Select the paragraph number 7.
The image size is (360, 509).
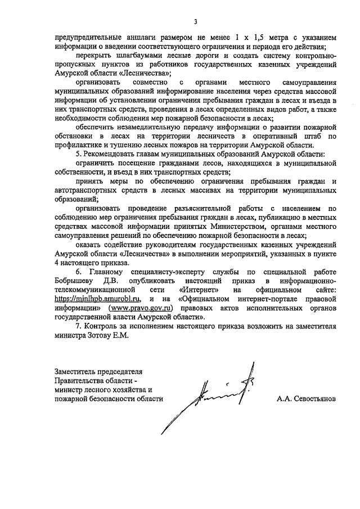78,326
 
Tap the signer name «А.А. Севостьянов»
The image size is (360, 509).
306,398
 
